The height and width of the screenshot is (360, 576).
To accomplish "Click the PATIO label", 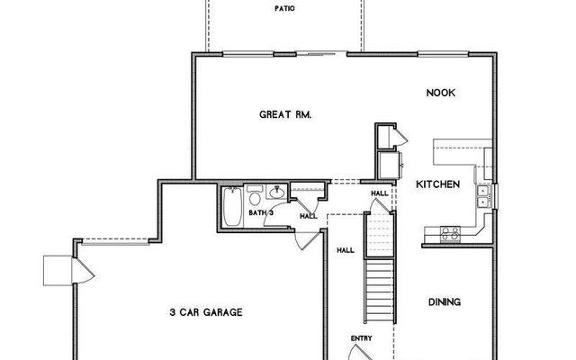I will click(x=284, y=10).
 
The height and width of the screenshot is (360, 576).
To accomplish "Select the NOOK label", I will click(x=439, y=93).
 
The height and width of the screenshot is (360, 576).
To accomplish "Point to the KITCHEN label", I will click(x=437, y=184).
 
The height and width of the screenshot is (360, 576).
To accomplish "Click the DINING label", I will click(x=444, y=302).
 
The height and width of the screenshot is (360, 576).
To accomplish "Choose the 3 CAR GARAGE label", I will click(x=205, y=312).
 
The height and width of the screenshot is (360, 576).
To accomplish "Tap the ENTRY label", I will click(x=362, y=338).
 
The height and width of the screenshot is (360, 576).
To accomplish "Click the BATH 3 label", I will click(x=261, y=213).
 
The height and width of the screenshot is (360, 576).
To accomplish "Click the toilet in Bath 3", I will click(x=255, y=197).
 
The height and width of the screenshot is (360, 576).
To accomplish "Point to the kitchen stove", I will click(x=448, y=235).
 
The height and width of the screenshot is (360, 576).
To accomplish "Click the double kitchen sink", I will click(x=483, y=195).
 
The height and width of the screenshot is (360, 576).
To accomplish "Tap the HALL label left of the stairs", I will click(x=345, y=250).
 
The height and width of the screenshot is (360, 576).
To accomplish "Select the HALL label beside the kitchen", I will click(x=379, y=194).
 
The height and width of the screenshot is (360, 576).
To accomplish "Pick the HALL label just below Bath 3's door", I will click(x=307, y=216).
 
